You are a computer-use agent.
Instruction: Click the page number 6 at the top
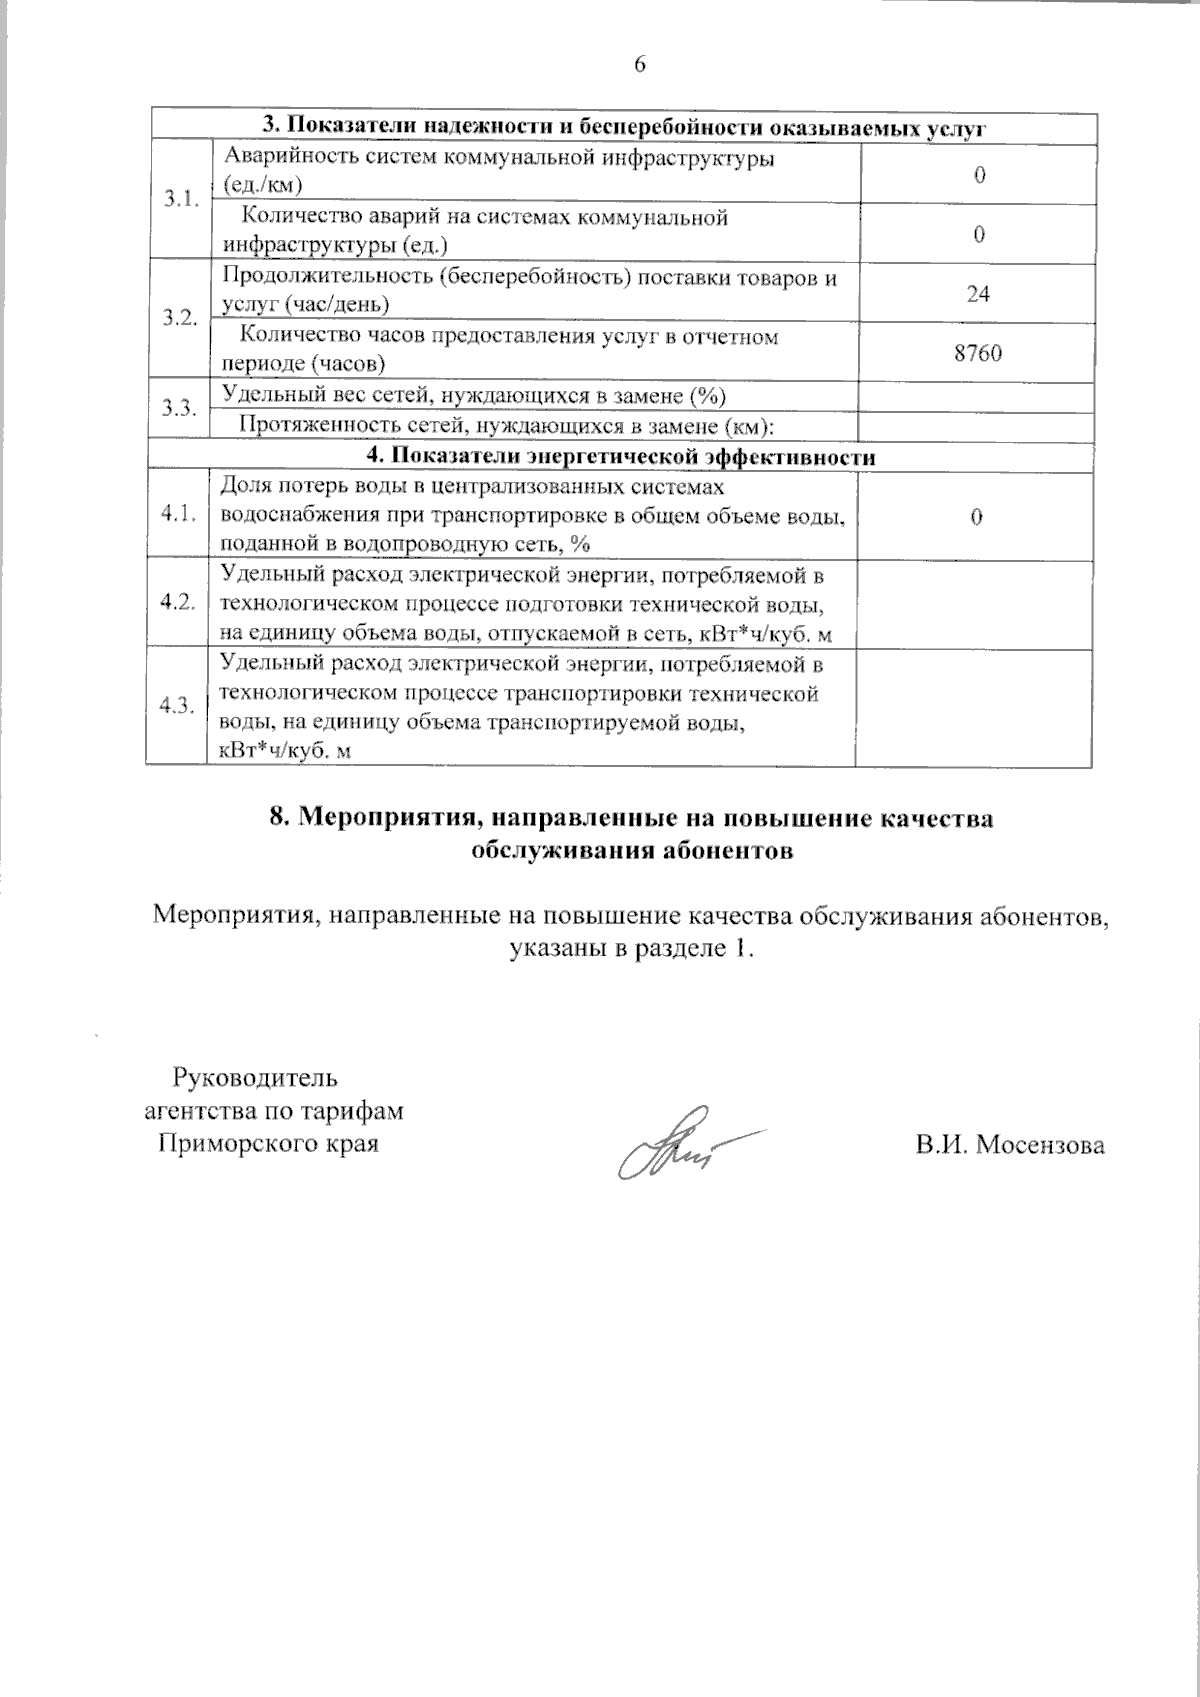point(640,65)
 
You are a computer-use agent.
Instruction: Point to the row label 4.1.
point(178,515)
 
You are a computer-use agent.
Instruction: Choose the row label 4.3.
point(178,706)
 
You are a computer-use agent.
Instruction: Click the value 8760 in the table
point(978,352)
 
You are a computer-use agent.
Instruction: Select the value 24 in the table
point(978,293)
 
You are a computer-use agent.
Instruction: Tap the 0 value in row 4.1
point(978,516)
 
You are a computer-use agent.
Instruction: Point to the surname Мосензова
point(1038,1146)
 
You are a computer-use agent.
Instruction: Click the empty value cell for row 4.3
point(978,706)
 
